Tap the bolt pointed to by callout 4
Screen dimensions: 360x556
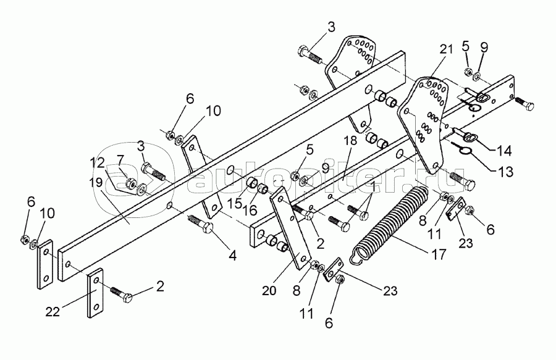click(201, 224)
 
